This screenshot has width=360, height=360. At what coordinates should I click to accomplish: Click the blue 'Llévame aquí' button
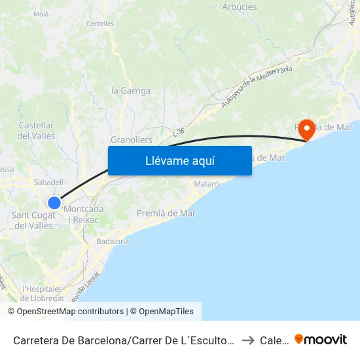tap(179, 160)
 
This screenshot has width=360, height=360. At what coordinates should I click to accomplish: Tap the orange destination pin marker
tap(305, 130)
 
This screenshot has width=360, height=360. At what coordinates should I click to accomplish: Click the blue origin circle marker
tap(54, 202)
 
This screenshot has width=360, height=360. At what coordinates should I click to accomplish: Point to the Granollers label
tap(131, 140)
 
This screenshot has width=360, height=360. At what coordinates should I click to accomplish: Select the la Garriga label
tap(131, 91)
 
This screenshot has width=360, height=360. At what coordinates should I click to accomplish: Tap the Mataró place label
tap(206, 184)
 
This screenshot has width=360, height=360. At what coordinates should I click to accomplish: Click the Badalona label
tap(113, 241)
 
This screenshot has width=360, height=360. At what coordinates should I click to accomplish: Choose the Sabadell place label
tap(48, 183)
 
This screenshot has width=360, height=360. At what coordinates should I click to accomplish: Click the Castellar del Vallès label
tap(37, 131)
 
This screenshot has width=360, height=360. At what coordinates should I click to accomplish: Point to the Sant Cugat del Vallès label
tap(33, 221)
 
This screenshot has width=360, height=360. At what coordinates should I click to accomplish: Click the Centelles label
tap(100, 24)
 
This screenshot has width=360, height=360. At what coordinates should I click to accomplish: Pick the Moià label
tap(41, 13)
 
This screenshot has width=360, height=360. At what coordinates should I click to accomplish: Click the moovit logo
tap(321, 339)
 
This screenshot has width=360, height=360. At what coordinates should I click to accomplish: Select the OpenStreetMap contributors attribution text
tap(65, 312)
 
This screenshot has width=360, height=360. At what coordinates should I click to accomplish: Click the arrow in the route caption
tap(247, 340)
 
